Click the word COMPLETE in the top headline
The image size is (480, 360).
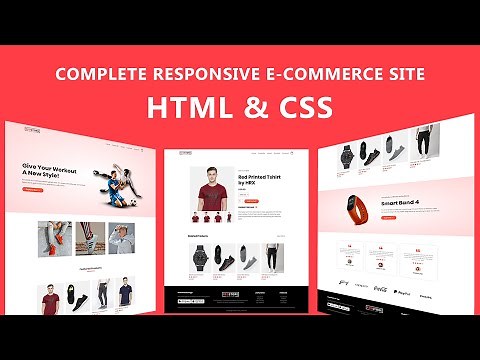pyautogui.click(x=99, y=75)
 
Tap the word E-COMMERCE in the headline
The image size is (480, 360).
pyautogui.click(x=319, y=75)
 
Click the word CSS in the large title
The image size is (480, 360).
pyautogui.click(x=296, y=108)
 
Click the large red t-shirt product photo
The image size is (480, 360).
pyautogui.click(x=209, y=186)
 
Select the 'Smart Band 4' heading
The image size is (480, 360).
pyautogui.click(x=397, y=201)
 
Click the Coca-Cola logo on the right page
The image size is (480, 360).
pyautogui.click(x=380, y=287)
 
